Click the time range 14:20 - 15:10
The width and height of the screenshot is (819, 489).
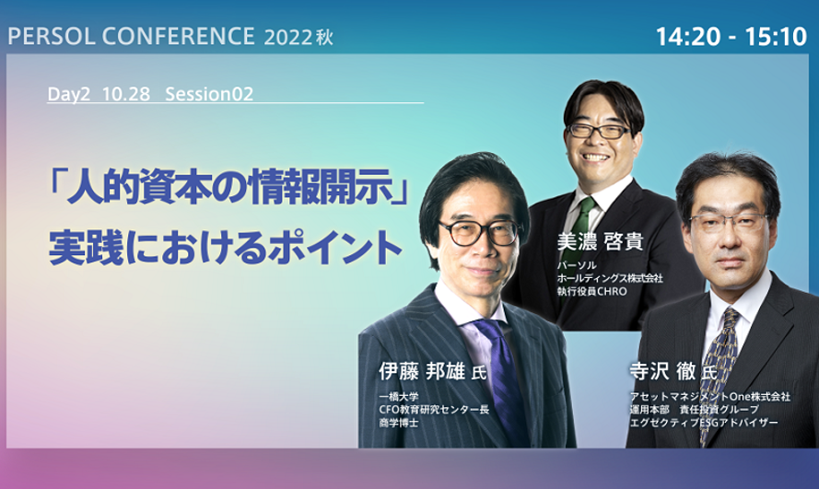coord(731,37)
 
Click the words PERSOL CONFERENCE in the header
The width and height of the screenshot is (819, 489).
coord(131,37)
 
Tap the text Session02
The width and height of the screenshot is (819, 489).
coord(209,94)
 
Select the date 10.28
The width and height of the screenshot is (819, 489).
coord(126,94)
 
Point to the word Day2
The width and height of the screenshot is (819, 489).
coord(68,94)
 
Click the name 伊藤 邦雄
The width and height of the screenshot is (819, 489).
coord(422,371)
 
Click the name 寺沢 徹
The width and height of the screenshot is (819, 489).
coord(662,371)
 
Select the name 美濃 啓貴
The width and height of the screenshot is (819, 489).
coord(600,241)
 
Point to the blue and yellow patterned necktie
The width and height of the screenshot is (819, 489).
coord(720,366)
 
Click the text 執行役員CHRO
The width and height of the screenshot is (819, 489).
coord(591,291)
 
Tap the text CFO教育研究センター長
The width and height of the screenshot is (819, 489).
coord(434,410)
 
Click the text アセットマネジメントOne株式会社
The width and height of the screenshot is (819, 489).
coord(710,397)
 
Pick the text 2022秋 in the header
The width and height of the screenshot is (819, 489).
coord(298,38)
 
